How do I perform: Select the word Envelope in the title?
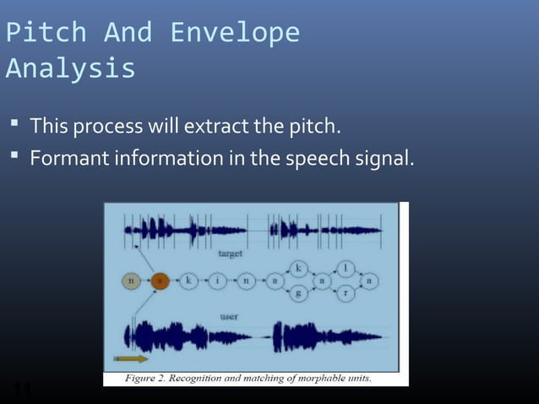pos(235,32)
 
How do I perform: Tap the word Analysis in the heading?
pos(70,68)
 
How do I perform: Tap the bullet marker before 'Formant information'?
pos(15,157)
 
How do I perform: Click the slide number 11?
pos(22,390)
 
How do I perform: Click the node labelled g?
pos(297,293)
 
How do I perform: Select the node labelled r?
pos(346,293)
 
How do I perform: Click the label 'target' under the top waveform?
pos(231,253)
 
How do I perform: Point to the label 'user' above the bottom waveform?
pos(228,316)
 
